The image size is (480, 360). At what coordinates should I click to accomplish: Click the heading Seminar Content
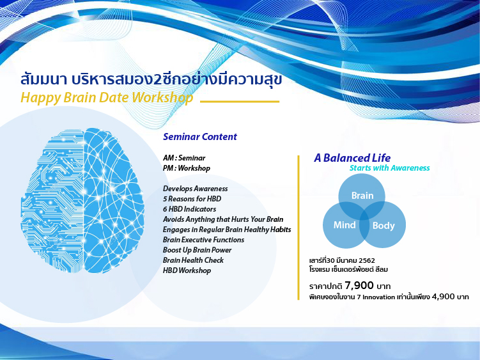[x=200, y=137]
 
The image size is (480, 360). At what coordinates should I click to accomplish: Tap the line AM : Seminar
[x=184, y=158]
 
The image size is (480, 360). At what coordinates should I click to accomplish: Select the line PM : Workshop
[x=187, y=168]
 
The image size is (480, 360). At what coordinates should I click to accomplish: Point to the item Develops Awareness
[x=196, y=189]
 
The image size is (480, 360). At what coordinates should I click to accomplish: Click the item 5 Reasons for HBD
[x=192, y=199]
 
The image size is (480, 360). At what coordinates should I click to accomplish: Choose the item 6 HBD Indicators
[x=189, y=209]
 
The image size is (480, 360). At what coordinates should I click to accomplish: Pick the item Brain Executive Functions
[x=204, y=240]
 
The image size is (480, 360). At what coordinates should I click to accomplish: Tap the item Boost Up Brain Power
[x=197, y=250]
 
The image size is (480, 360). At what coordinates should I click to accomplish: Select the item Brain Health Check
[x=193, y=260]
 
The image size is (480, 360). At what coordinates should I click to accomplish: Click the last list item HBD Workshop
[x=187, y=270]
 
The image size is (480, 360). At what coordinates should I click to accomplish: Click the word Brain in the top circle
[x=362, y=196]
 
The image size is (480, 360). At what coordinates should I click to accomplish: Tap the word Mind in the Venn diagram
[x=345, y=225]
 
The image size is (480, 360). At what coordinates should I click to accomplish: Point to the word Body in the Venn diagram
[x=383, y=226]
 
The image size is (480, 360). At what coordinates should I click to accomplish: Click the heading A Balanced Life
[x=352, y=158]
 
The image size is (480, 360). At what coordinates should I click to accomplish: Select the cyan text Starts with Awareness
[x=390, y=168]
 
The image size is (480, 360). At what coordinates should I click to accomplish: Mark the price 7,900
[x=359, y=286]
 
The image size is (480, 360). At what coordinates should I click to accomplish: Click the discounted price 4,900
[x=443, y=297]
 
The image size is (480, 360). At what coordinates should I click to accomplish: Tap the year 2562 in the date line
[x=367, y=260]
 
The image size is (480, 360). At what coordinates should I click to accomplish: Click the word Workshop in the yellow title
[x=162, y=98]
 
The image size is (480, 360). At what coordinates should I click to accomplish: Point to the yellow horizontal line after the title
[x=240, y=102]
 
